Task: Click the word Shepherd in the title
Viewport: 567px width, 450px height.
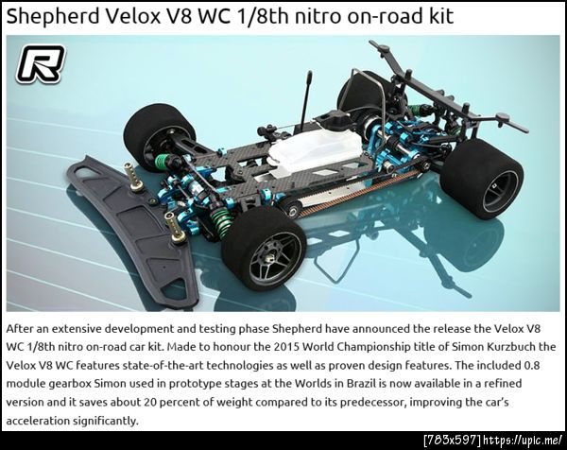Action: click(x=52, y=17)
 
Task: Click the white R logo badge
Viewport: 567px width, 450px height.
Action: click(x=41, y=64)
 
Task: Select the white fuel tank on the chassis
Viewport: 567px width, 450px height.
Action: click(x=316, y=152)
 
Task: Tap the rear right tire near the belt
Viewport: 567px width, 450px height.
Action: click(x=483, y=179)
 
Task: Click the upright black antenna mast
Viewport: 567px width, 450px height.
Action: click(x=306, y=97)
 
